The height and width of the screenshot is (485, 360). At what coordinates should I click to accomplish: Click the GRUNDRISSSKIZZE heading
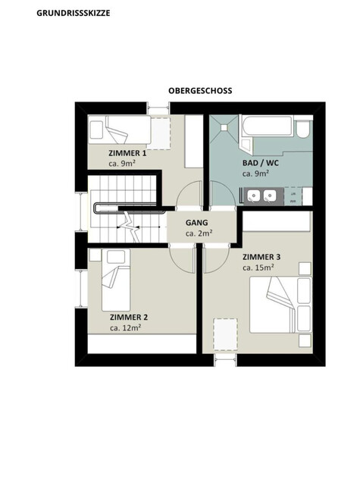[74, 14]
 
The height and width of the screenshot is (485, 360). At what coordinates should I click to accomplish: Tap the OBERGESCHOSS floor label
[200, 91]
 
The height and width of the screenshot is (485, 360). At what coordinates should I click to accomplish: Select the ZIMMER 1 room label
[127, 153]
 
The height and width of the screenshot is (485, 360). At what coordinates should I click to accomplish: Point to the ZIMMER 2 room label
[129, 318]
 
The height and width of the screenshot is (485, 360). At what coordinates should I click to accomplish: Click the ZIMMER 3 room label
[261, 257]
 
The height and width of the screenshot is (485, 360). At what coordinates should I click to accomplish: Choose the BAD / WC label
[261, 163]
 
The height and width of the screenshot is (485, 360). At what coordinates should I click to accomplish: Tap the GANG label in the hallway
[197, 223]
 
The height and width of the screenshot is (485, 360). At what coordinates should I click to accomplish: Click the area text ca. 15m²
[258, 268]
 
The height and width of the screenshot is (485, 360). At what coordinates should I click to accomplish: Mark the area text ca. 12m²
[126, 328]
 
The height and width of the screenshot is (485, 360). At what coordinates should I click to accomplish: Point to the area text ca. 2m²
[199, 233]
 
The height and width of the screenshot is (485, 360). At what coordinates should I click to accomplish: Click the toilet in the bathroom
[304, 128]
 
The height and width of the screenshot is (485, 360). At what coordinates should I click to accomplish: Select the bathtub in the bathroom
[267, 125]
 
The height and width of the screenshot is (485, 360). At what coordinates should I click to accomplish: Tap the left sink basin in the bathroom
[254, 196]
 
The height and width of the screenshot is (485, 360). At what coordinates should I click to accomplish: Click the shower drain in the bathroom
[224, 127]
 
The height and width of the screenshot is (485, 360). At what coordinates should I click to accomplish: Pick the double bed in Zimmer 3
[280, 305]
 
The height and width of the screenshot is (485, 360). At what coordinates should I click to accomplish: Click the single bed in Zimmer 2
[116, 280]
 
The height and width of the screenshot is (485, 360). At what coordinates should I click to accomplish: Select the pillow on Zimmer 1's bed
[96, 130]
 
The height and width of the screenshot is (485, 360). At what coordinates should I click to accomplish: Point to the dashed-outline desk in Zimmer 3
[225, 335]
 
